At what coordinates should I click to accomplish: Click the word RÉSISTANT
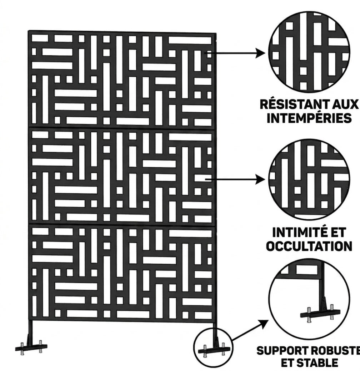tap(293, 104)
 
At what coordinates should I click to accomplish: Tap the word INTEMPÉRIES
tap(309, 118)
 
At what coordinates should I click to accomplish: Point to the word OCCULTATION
tap(309, 246)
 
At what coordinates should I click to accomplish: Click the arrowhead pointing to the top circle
tap(260, 53)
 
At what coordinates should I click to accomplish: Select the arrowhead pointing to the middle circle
tap(260, 179)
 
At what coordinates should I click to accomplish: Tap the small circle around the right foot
tap(194, 347)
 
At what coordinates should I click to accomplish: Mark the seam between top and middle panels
tap(122, 128)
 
